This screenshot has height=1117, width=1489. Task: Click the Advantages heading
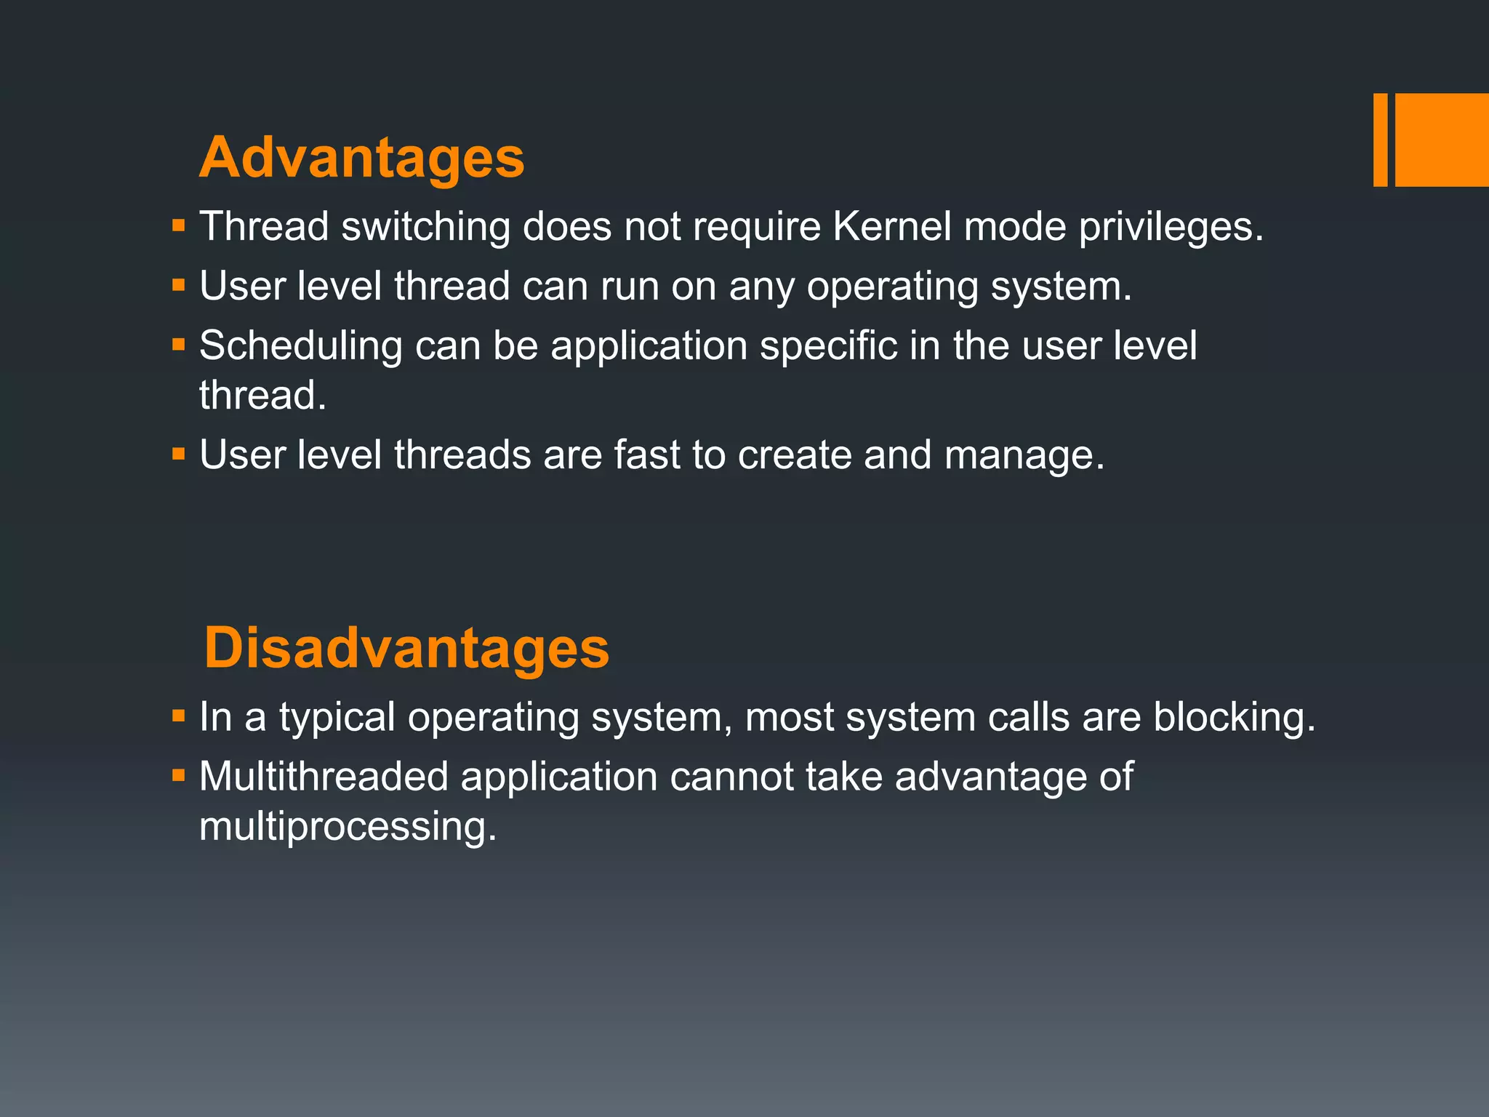point(361,158)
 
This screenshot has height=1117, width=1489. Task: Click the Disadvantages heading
point(406,648)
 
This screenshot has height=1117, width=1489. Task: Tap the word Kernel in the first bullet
point(891,226)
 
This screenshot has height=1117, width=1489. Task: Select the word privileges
point(1171,228)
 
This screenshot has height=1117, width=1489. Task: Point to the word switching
point(426,228)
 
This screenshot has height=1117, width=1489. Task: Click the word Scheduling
point(300,346)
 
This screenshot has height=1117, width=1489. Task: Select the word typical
point(337,718)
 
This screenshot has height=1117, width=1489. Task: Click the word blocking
point(1234,718)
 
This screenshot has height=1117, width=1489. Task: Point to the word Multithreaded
point(324,776)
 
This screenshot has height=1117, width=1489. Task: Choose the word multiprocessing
point(348,828)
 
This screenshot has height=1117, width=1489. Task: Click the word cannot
point(731,776)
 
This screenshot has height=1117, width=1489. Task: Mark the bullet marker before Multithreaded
point(179,774)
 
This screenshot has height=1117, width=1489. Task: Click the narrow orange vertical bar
point(1380,140)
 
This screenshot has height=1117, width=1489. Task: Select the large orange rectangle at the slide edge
point(1442,140)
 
